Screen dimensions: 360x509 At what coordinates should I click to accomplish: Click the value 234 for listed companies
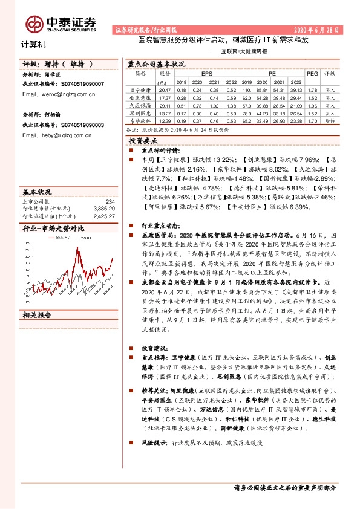110,201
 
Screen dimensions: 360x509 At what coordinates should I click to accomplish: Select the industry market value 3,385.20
104,208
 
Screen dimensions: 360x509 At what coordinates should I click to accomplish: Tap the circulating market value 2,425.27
104,215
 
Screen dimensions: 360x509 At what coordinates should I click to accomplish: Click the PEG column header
312,73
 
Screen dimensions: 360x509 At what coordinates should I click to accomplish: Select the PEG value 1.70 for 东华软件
312,120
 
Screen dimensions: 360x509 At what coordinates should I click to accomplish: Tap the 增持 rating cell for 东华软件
330,120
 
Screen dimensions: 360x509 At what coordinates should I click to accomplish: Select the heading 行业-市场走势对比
53,229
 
